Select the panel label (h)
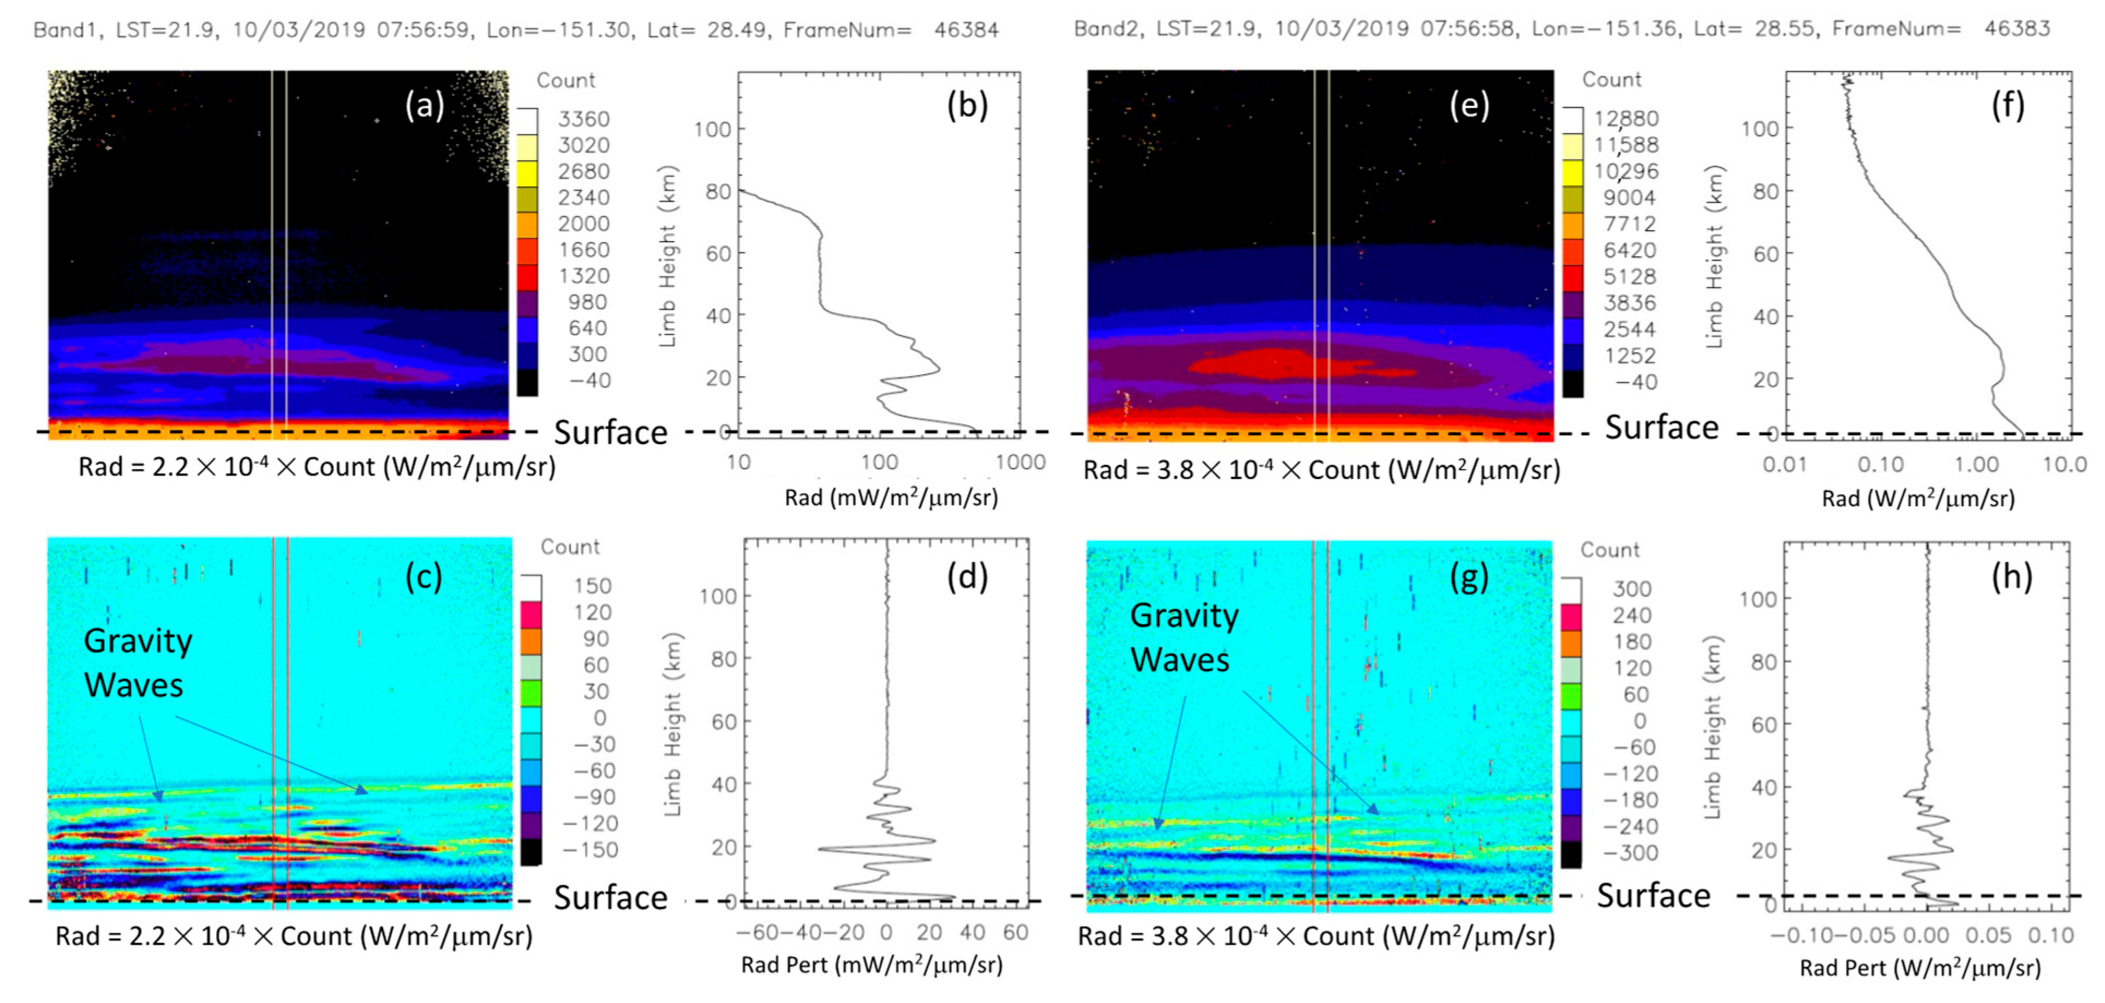pyautogui.click(x=2011, y=576)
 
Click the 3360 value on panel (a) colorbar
pyautogui.click(x=583, y=119)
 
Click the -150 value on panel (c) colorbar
pyautogui.click(x=588, y=849)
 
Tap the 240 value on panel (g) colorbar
pyautogui.click(x=1631, y=615)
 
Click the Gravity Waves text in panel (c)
pyautogui.click(x=138, y=663)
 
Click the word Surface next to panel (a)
pyautogui.click(x=610, y=432)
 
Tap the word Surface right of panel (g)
pyautogui.click(x=1653, y=896)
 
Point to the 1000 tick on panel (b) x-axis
pyautogui.click(x=1020, y=463)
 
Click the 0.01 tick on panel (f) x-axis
pyautogui.click(x=1784, y=465)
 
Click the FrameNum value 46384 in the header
pyautogui.click(x=966, y=30)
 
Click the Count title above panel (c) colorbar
pyautogui.click(x=570, y=546)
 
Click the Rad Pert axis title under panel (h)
pyautogui.click(x=1919, y=968)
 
